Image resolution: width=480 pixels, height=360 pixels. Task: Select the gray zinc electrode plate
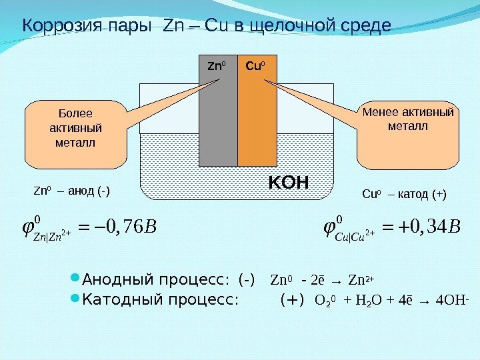tap(218, 120)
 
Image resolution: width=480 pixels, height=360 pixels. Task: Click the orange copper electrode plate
tap(257, 120)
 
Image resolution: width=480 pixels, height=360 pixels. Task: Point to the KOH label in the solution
tap(289, 181)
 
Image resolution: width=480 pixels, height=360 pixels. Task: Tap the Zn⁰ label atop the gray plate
tap(215, 67)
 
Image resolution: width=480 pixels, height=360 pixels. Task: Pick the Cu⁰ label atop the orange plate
tap(255, 67)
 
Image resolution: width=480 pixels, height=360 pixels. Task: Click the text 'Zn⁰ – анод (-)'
tap(71, 193)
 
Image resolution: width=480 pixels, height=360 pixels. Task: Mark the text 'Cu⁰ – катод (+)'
tap(404, 195)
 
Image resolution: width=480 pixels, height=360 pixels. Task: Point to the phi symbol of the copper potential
tap(329, 228)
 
